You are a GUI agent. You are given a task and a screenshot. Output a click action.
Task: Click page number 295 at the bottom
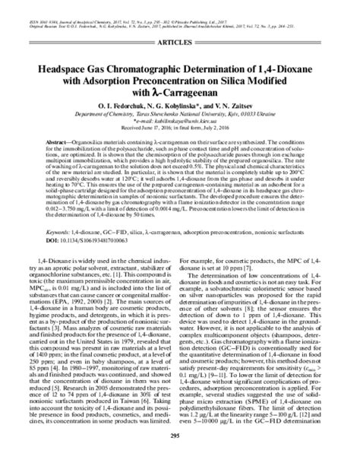coord(180,457)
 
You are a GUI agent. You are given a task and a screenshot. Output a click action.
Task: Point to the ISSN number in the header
coord(23,5)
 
